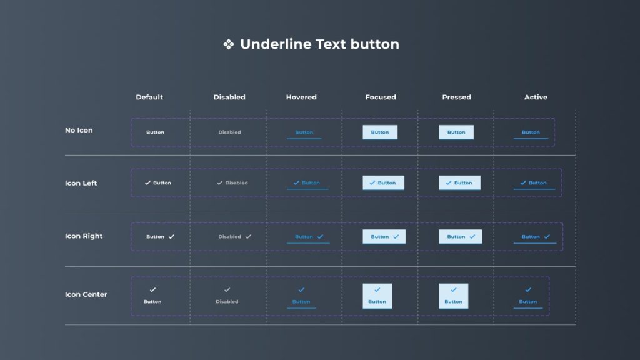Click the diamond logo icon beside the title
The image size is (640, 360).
point(229,44)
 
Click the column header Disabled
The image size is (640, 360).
point(229,97)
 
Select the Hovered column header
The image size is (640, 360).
point(301,97)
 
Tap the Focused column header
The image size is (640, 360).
point(381,97)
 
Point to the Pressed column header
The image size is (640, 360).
point(456,97)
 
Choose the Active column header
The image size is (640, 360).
point(536,97)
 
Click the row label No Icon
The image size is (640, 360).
point(79,131)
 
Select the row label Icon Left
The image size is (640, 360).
point(81,183)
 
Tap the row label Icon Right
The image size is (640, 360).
point(84,236)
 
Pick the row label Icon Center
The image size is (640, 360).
point(86,294)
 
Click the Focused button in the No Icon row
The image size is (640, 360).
point(380,132)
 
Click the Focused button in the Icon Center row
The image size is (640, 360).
point(377,296)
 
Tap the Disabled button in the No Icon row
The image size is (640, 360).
point(229,132)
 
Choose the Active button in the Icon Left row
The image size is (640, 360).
point(534,183)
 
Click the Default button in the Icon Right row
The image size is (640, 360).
point(160,237)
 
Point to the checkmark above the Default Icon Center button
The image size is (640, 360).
point(152,290)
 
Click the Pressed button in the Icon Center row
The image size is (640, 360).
point(454,296)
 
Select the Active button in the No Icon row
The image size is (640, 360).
point(531,132)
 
